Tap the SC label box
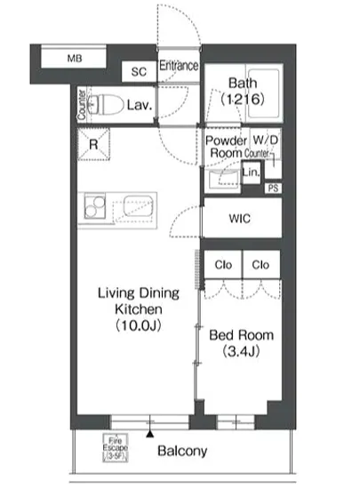pyautogui.click(x=139, y=72)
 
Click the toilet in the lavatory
pyautogui.click(x=106, y=105)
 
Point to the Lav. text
pyautogui.click(x=140, y=106)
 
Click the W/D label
pyautogui.click(x=265, y=140)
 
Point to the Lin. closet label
pyautogui.click(x=251, y=172)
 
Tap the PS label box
pyautogui.click(x=273, y=188)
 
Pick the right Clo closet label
pyautogui.click(x=260, y=265)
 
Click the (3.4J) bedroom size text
pyautogui.click(x=242, y=353)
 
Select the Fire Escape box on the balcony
pyautogui.click(x=115, y=448)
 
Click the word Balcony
pyautogui.click(x=182, y=450)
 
